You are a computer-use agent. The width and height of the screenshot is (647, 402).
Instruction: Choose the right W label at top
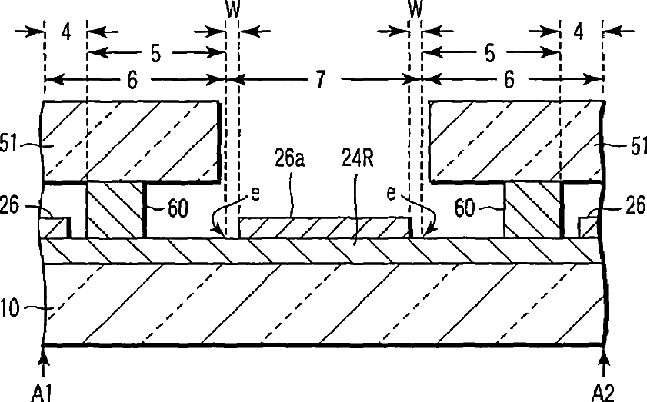[416, 10]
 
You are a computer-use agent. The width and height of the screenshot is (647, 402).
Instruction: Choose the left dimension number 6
[133, 81]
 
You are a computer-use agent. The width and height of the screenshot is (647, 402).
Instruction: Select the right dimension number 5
[490, 55]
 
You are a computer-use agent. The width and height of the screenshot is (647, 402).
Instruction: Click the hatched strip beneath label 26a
[323, 227]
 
